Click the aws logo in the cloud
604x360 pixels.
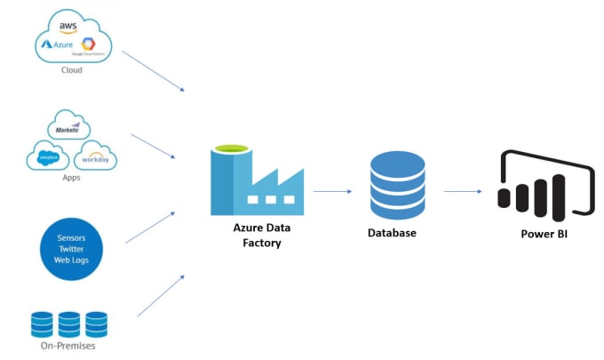[68, 27]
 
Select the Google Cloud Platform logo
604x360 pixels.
[88, 46]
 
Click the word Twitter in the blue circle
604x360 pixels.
[70, 251]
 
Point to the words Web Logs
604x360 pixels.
[70, 262]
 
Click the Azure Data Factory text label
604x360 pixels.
[261, 236]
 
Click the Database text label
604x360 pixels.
[392, 233]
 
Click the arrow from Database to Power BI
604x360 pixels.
[463, 190]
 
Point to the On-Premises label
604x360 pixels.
[68, 346]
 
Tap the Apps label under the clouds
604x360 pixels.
[70, 178]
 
